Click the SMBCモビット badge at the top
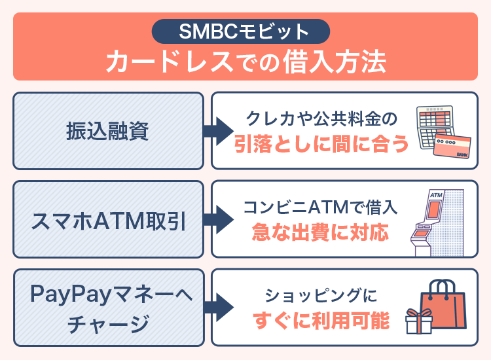click(x=245, y=31)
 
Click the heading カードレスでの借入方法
click(x=245, y=62)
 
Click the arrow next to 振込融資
click(x=217, y=131)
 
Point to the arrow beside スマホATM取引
click(x=217, y=219)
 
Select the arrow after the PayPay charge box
click(x=217, y=307)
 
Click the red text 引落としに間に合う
click(x=321, y=143)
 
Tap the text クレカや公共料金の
click(x=321, y=119)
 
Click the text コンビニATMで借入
click(x=321, y=207)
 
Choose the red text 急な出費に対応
click(x=321, y=232)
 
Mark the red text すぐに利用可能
click(x=321, y=321)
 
